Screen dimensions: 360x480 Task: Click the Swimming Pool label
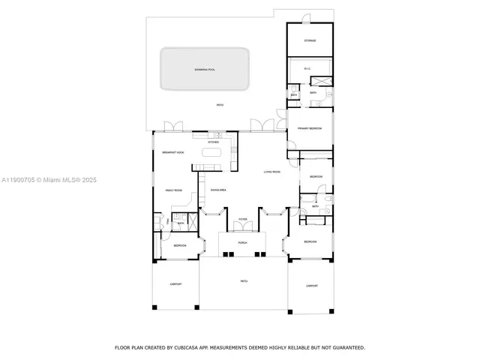click(x=204, y=70)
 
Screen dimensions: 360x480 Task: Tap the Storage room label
click(x=309, y=41)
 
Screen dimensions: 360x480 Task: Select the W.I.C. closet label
click(x=307, y=69)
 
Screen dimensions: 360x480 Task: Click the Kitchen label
click(x=213, y=142)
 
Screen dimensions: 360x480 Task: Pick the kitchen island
click(x=212, y=153)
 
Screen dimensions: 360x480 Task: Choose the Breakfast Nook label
click(x=174, y=153)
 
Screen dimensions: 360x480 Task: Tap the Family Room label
click(x=174, y=190)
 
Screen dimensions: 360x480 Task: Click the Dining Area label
click(x=218, y=190)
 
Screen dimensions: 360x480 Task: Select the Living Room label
click(x=271, y=172)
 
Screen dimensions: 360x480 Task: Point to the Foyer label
click(x=242, y=219)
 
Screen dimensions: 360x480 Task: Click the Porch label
click(x=242, y=243)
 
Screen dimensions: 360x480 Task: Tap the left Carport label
click(x=175, y=284)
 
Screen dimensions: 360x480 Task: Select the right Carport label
click(x=311, y=286)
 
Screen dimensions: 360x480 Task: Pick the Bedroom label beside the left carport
click(x=180, y=246)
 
